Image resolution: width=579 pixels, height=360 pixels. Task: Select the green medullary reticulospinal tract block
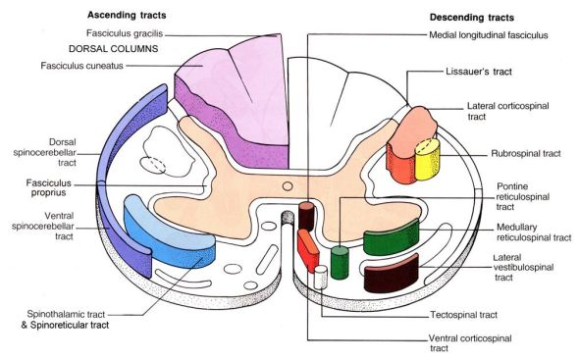point(391,240)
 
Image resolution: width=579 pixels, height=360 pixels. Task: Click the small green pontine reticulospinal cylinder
point(340,263)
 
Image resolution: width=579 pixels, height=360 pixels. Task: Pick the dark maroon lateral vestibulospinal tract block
point(391,273)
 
